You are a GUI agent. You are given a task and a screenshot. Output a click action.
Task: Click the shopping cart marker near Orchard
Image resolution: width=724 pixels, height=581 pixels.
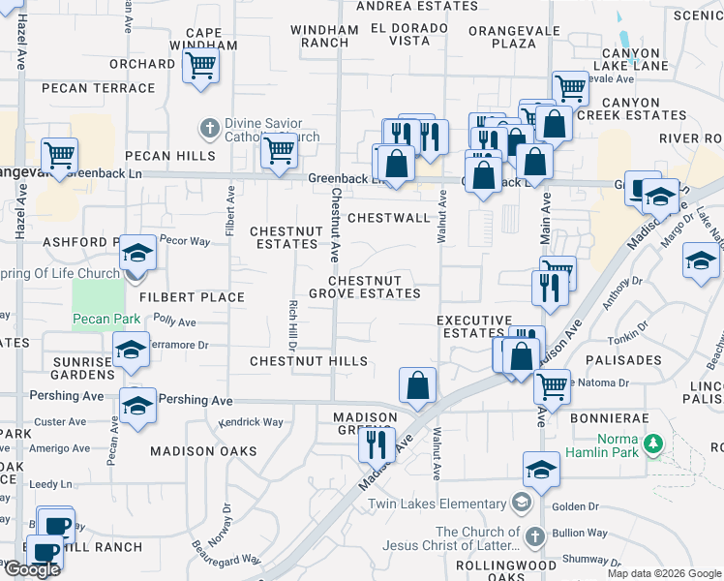point(201,66)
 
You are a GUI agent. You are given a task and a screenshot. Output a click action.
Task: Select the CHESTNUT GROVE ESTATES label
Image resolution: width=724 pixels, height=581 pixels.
point(365,287)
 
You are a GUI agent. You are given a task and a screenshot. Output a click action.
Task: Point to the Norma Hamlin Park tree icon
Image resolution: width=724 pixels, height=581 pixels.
point(654,443)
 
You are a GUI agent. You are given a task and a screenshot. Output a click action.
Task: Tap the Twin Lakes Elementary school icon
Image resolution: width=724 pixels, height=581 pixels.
point(522,503)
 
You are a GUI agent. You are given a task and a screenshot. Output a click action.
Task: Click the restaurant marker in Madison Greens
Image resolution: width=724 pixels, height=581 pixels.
point(373,443)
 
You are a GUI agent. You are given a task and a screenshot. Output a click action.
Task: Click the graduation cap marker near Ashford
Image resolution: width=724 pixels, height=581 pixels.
point(137,253)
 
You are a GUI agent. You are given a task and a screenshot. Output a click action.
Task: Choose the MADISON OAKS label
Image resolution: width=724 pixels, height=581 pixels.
point(203,451)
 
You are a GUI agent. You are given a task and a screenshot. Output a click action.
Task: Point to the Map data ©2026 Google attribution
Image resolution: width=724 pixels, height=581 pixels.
point(664,573)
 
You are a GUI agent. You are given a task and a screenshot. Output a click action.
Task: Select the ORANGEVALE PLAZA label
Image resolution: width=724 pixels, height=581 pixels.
point(501,37)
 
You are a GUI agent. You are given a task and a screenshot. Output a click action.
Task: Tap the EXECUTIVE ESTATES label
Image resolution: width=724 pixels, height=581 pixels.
point(473,326)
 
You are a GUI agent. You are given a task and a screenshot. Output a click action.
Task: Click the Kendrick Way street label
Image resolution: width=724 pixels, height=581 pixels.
point(251,422)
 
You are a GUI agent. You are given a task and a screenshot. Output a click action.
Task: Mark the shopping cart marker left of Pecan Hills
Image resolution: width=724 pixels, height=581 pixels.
point(60,154)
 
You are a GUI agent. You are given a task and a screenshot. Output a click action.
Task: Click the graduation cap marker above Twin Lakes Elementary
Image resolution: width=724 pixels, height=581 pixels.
point(541,470)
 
